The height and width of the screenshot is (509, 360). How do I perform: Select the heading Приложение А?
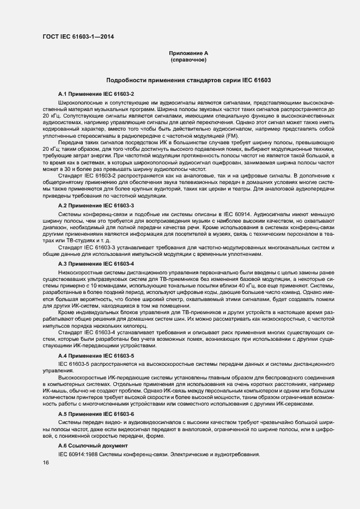[x=188, y=53]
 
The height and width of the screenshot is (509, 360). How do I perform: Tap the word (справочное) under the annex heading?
[x=188, y=59]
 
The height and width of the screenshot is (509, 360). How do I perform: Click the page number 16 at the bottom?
[x=46, y=462]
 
